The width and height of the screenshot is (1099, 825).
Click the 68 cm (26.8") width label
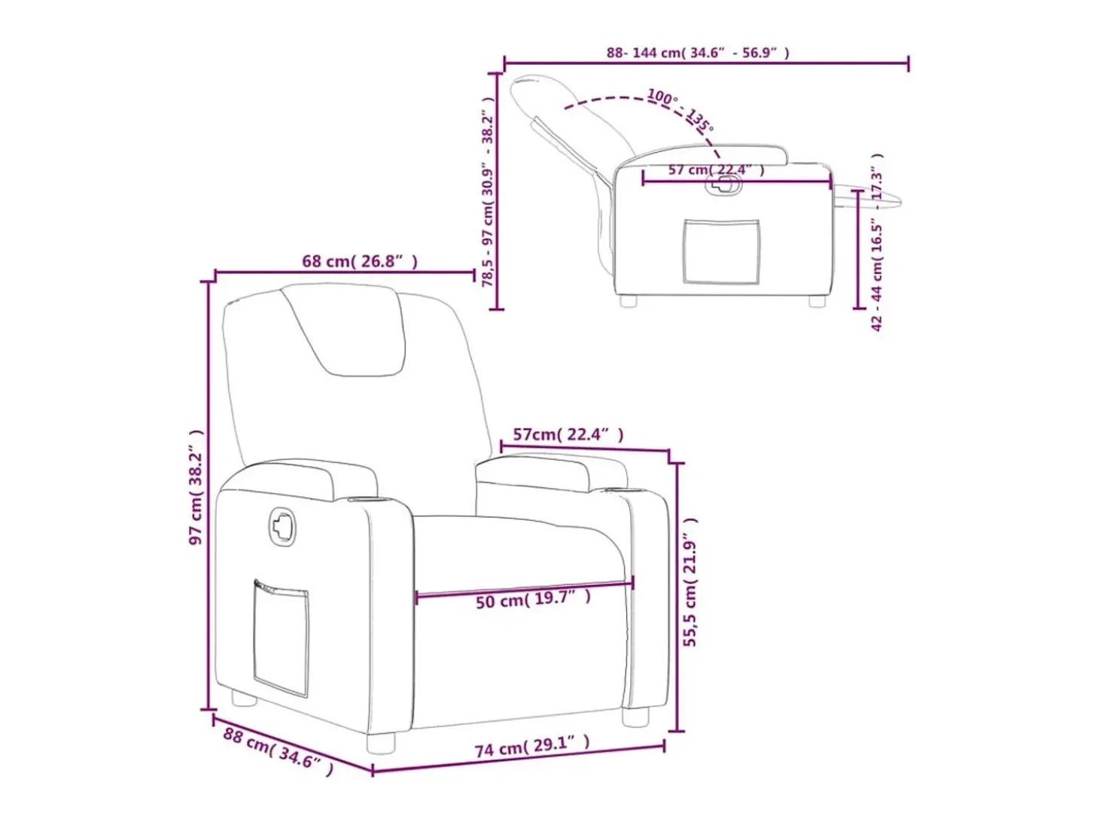359,261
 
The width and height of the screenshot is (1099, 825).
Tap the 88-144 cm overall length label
698,53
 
